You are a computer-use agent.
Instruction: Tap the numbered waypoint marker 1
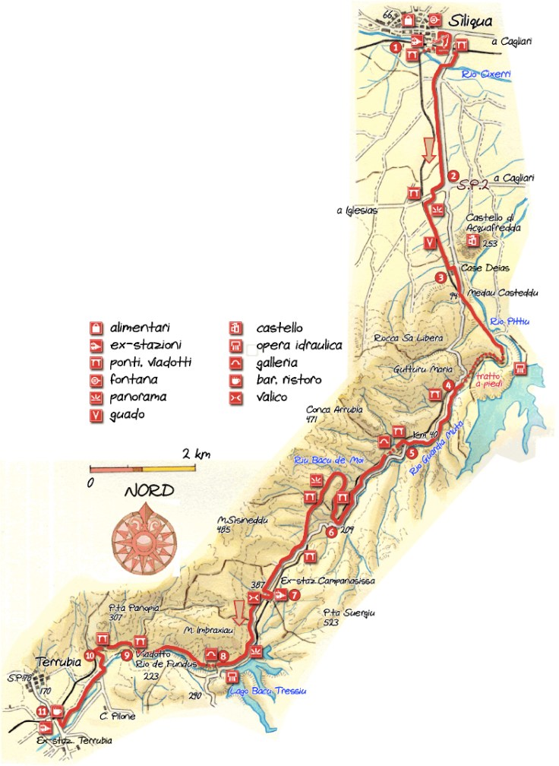(395, 47)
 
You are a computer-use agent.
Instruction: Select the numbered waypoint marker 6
(331, 532)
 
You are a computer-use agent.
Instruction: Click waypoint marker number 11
(42, 711)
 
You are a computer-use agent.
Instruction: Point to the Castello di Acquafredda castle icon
(472, 241)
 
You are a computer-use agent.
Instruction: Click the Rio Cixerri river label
(487, 74)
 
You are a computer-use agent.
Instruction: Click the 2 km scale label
(195, 454)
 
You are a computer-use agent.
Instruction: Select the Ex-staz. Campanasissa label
(328, 581)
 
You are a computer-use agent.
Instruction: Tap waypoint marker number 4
(449, 385)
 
